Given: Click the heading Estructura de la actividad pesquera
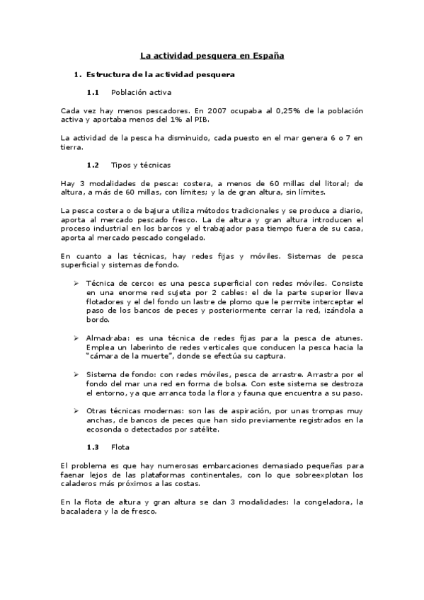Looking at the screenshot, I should coord(160,74).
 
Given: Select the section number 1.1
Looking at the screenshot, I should coord(93,92).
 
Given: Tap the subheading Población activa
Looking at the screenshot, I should coord(141,92).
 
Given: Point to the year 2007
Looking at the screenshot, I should coord(217,110).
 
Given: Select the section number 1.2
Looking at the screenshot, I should coord(93,165).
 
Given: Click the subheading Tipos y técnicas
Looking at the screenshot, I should coord(141,165).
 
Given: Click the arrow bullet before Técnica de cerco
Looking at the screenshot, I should coord(76,283).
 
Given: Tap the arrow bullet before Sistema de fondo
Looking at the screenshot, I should coord(76,374).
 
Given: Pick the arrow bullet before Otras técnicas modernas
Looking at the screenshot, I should coord(76,411).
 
